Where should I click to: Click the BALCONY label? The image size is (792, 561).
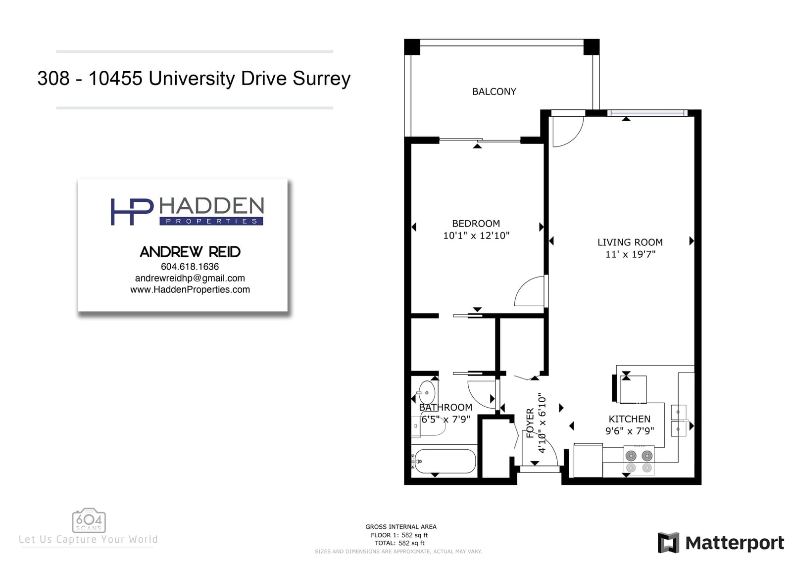click(494, 92)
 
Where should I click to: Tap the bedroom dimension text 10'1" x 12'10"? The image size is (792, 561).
click(476, 235)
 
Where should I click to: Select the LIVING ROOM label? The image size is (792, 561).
click(630, 242)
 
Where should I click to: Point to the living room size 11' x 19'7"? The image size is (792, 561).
click(631, 254)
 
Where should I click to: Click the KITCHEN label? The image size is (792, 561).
click(629, 419)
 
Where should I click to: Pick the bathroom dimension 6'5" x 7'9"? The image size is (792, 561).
click(445, 419)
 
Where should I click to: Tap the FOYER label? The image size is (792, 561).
click(530, 423)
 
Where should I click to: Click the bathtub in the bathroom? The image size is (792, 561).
click(445, 461)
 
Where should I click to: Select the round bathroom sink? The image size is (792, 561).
click(427, 392)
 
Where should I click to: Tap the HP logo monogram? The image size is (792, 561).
click(132, 212)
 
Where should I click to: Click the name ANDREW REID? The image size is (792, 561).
click(190, 252)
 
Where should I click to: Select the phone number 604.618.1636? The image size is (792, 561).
click(190, 266)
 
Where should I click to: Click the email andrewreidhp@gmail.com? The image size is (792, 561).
click(190, 278)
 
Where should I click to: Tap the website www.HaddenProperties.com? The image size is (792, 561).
click(190, 289)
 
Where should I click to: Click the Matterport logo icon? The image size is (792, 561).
click(668, 543)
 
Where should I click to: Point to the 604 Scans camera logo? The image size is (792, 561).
click(89, 520)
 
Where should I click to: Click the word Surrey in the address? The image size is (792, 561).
click(321, 79)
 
